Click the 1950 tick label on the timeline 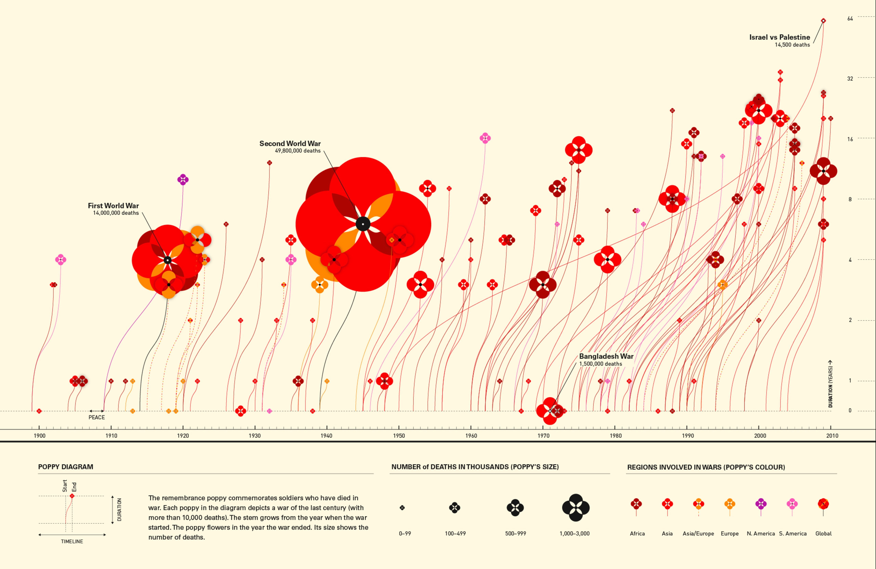point(399,436)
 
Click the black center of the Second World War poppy point(363,224)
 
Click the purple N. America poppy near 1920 point(183,180)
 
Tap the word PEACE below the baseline point(96,417)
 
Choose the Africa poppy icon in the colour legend point(636,504)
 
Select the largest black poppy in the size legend point(575,508)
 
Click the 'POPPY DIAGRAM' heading point(66,467)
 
